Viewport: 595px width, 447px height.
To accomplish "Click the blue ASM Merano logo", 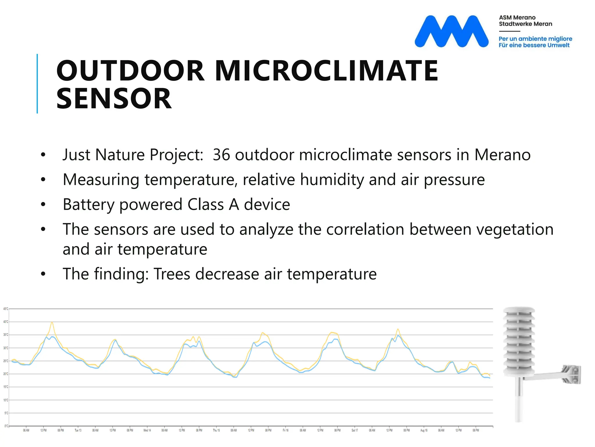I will (x=451, y=31).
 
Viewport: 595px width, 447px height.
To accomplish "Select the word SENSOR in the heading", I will (x=114, y=99).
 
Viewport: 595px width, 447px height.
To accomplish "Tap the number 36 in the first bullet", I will (x=221, y=155).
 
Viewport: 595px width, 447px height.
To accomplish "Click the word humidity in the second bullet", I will (x=332, y=180).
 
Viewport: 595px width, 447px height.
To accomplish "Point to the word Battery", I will (x=89, y=205).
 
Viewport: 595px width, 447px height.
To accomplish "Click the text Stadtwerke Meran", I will (x=525, y=24).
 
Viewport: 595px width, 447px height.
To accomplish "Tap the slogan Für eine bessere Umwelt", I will (x=534, y=45).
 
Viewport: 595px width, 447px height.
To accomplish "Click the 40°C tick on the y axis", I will (x=6, y=322).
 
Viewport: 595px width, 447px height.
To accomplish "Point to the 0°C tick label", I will (x=6, y=426).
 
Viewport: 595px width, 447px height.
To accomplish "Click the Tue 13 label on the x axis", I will (x=78, y=430).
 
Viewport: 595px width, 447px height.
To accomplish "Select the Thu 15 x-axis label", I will (x=216, y=430).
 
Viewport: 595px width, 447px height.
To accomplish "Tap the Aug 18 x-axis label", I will (x=424, y=430).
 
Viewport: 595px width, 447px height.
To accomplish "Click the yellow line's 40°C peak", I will (x=52, y=322).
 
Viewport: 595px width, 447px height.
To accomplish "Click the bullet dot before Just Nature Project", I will (x=43, y=155).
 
